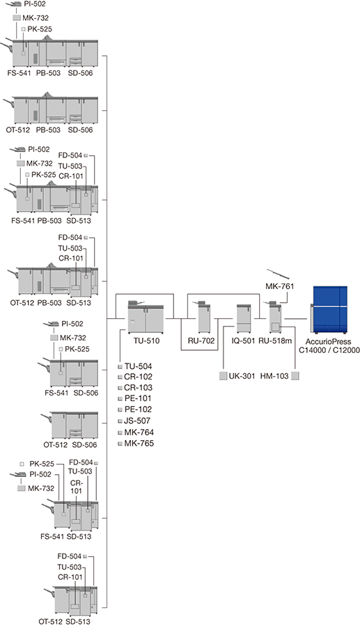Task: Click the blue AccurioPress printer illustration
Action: (329, 310)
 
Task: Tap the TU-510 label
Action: (146, 341)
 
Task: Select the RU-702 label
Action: (201, 341)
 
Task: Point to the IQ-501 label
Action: (244, 341)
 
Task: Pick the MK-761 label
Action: (280, 286)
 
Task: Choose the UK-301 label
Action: (242, 376)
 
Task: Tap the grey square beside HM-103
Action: (295, 376)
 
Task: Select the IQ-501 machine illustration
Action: (243, 319)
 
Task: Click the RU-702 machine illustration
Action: (204, 317)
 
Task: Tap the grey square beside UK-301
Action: (223, 376)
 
